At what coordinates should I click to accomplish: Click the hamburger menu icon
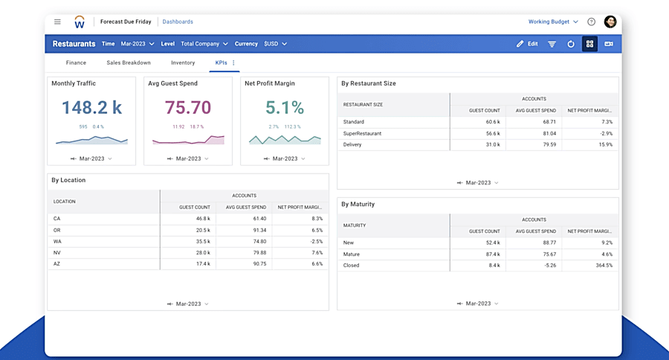point(57,22)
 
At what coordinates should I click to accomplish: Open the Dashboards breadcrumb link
point(178,22)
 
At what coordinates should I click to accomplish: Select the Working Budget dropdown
point(553,22)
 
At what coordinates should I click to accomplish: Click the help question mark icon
point(592,22)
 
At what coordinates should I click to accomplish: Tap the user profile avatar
point(610,22)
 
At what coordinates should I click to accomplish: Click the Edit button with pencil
point(527,44)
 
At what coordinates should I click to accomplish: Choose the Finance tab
point(76,63)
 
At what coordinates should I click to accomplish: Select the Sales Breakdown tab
point(129,63)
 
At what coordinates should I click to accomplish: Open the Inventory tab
point(183,63)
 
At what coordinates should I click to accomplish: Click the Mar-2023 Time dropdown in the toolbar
point(138,44)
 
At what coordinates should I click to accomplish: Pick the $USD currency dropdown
point(275,44)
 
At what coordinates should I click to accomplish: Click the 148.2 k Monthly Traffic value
point(91,108)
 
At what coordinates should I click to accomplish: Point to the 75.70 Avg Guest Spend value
point(188,108)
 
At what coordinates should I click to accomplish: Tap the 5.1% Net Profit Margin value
point(285,108)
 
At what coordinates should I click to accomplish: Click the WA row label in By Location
point(57,242)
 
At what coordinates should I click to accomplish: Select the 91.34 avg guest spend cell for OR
point(259,231)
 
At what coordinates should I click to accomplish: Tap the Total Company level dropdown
point(204,44)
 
